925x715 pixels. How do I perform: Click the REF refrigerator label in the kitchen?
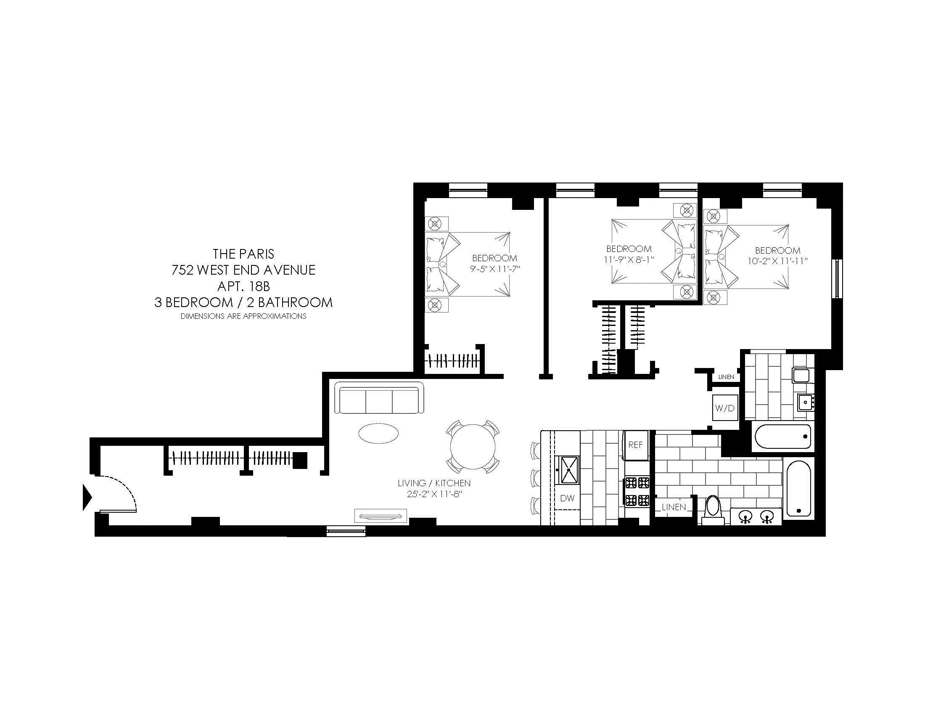coord(635,445)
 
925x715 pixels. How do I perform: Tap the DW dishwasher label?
coord(567,498)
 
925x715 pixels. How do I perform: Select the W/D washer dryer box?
coord(725,408)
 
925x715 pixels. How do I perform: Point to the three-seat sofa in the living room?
coord(379,398)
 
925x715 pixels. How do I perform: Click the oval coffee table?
coord(378,433)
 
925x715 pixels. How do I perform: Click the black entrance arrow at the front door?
coord(87,497)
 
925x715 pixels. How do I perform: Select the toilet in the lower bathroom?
coord(712,511)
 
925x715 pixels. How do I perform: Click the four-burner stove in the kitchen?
coord(637,491)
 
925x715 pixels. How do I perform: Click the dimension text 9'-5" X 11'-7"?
coord(494,269)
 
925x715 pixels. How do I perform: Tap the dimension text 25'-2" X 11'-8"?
coord(434,494)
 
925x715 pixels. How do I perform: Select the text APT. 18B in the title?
coord(243,286)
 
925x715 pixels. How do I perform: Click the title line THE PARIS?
coord(243,254)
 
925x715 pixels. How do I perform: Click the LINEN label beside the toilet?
coord(674,507)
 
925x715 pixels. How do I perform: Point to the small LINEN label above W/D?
coord(726,377)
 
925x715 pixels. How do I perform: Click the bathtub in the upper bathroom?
coord(782,437)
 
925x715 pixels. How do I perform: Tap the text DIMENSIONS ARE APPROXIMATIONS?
coord(243,316)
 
